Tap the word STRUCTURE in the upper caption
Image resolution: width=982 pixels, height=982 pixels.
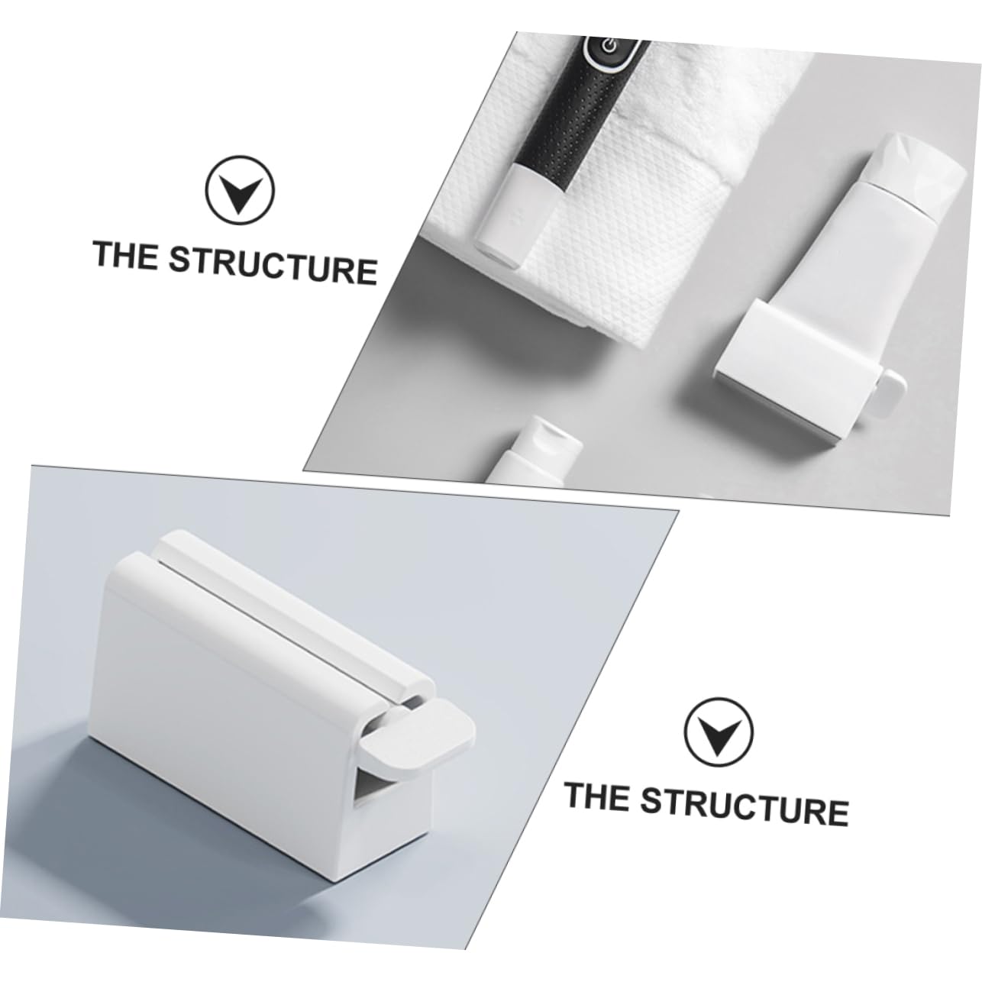[x=273, y=264]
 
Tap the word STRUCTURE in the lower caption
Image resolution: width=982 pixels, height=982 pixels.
[x=744, y=804]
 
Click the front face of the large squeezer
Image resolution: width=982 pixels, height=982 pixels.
[x=221, y=733]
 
